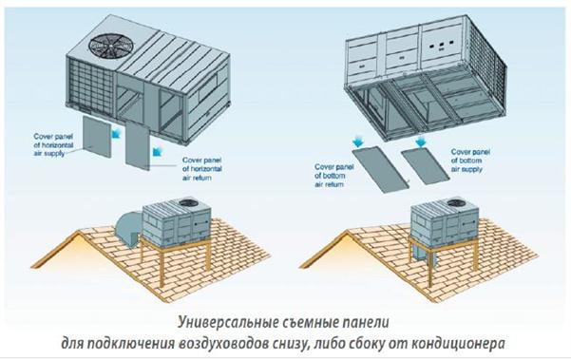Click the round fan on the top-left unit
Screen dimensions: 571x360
coord(111,46)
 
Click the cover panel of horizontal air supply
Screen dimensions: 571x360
coord(97,137)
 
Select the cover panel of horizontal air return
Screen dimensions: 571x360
coord(138,147)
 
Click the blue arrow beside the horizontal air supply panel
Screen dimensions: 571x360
coord(115,134)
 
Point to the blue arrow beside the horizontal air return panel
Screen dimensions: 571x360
coord(157,150)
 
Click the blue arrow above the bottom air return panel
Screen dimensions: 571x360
coord(357,141)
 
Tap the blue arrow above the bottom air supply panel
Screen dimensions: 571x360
coord(421,142)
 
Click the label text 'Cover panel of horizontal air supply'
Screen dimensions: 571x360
coord(53,145)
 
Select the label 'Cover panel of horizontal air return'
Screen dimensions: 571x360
coord(202,169)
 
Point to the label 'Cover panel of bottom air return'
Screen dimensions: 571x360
coord(334,176)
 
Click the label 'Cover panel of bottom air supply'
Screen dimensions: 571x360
coord(470,161)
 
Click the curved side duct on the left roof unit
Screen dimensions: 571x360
coord(127,227)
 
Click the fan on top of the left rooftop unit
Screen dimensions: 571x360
coord(188,202)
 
